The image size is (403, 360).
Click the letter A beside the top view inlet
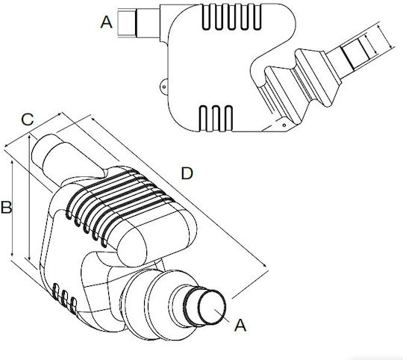[x=107, y=22]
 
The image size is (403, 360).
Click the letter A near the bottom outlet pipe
[x=240, y=325]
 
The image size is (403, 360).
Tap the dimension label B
[x=6, y=207]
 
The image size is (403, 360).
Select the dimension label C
[x=28, y=120]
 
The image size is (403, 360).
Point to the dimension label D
[x=187, y=173]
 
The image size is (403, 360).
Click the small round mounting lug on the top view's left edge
[x=163, y=87]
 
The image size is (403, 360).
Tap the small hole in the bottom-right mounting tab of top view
[x=284, y=125]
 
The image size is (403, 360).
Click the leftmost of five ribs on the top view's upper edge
[x=207, y=17]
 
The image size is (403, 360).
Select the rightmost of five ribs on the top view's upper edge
[x=257, y=17]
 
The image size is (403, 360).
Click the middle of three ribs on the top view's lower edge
[x=216, y=119]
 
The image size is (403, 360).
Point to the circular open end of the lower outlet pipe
[x=213, y=307]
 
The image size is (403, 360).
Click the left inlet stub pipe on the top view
[x=139, y=23]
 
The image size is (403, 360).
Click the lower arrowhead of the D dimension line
[x=264, y=265]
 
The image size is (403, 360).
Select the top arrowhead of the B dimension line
[x=12, y=163]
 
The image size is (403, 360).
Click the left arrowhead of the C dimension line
[x=7, y=146]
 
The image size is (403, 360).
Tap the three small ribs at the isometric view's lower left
[x=64, y=298]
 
